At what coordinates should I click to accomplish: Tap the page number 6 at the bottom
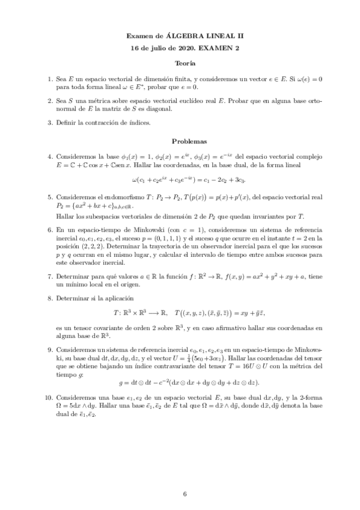pos(186,494)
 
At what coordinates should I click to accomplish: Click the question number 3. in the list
pos(50,123)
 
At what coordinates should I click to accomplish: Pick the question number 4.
pos(50,157)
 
